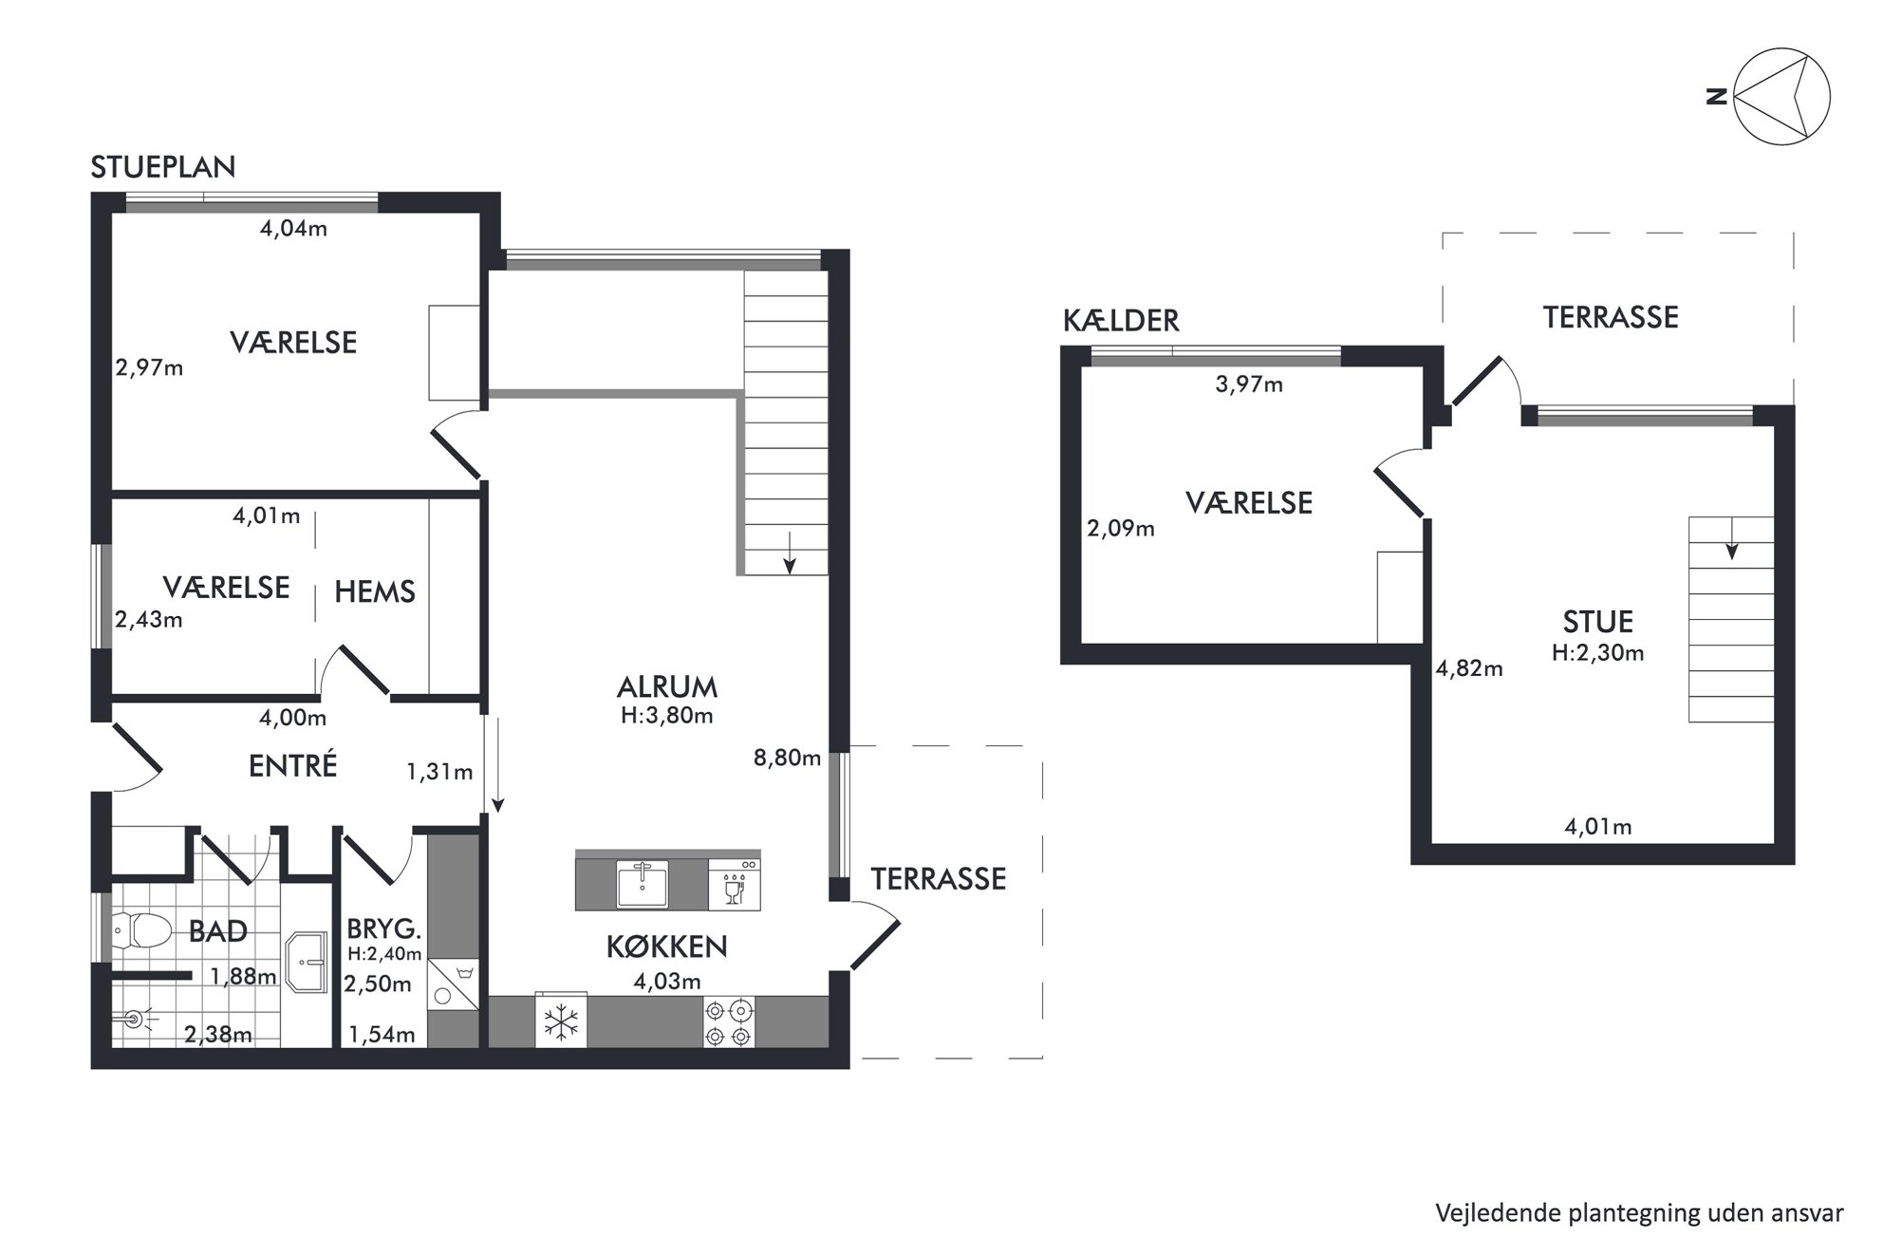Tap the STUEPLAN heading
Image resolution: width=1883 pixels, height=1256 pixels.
tap(163, 167)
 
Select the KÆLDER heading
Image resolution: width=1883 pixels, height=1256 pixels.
tap(1121, 321)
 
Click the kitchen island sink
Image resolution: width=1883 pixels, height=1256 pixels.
tap(643, 884)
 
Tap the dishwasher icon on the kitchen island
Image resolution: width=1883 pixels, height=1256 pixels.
tap(734, 884)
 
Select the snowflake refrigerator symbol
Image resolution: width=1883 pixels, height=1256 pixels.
tap(561, 1022)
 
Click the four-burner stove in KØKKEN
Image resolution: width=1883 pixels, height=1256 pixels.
tap(729, 1022)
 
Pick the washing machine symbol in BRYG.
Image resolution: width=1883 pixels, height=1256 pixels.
tap(453, 984)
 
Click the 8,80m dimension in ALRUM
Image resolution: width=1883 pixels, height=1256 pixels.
tap(787, 758)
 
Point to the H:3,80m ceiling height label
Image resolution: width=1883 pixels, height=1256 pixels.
tap(666, 716)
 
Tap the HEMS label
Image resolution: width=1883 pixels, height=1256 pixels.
tap(375, 592)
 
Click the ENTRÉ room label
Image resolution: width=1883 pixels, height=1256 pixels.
tap(292, 765)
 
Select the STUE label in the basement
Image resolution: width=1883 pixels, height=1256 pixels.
tap(1598, 622)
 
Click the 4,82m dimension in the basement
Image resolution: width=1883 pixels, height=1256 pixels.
tap(1469, 669)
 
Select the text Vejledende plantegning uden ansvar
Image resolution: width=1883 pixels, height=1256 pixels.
tap(1639, 1212)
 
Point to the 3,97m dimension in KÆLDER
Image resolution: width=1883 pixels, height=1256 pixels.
tap(1249, 384)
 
